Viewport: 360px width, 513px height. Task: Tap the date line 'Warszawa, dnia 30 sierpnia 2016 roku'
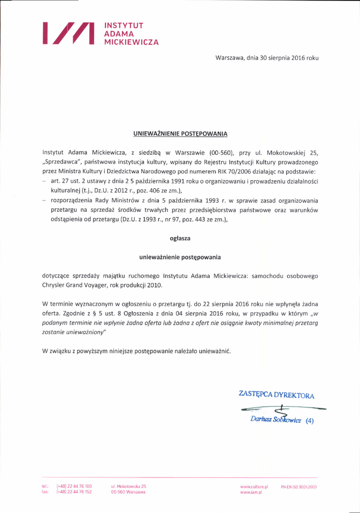[x=267, y=59]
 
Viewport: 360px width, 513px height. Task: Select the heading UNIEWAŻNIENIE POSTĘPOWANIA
[x=180, y=134]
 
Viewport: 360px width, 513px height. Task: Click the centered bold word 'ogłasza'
[x=180, y=238]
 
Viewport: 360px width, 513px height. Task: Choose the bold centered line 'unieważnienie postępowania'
[x=180, y=257]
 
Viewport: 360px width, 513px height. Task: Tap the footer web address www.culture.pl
[x=255, y=486]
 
